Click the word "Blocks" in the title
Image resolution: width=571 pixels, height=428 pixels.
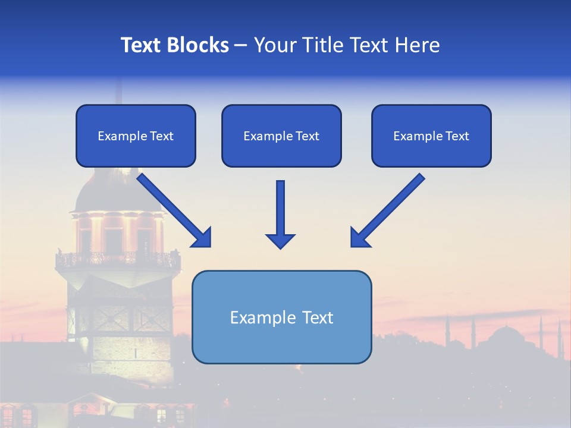click(x=199, y=45)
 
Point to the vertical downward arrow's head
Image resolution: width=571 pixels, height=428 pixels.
click(x=280, y=240)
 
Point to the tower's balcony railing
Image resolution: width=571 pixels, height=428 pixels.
click(x=117, y=259)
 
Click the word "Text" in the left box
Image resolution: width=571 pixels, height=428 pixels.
click(x=162, y=136)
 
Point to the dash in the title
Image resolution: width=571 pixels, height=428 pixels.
click(x=241, y=46)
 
